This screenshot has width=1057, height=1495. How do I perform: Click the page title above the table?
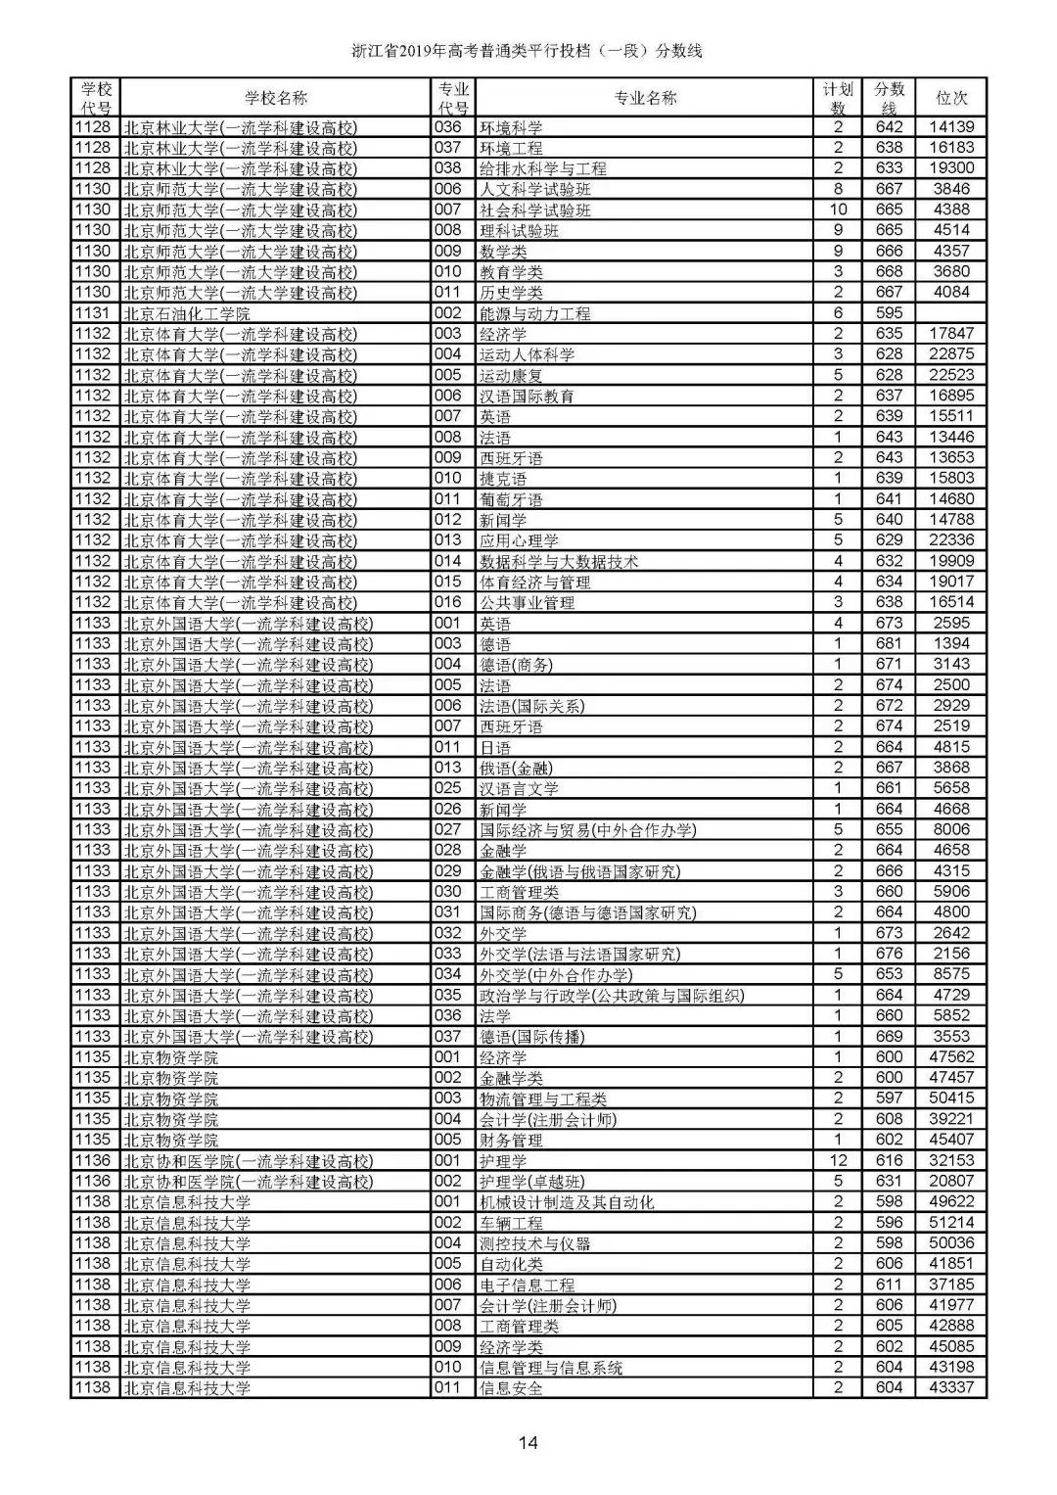pos(528,51)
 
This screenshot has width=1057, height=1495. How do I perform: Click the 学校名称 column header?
pos(275,98)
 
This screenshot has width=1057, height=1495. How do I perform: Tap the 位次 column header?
pos(951,98)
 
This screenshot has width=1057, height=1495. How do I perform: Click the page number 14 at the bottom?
pos(528,1442)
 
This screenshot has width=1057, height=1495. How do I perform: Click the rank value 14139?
pos(951,127)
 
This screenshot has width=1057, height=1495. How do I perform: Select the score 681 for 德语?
pos(889,643)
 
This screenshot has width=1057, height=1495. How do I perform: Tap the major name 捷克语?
pos(502,479)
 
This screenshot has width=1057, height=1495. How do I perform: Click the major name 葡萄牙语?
pos(510,499)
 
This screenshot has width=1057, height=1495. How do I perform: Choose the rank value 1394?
pos(951,643)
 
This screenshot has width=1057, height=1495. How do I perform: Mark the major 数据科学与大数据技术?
pos(558,561)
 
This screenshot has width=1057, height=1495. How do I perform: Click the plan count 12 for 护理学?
pos(838,1160)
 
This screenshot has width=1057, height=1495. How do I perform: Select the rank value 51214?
pos(951,1222)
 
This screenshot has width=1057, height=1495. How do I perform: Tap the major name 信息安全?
pos(510,1387)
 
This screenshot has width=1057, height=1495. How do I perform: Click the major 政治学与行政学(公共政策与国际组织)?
pos(611,995)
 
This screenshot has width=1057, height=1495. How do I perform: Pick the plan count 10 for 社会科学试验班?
pos(838,210)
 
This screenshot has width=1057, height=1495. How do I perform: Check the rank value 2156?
pos(951,954)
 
